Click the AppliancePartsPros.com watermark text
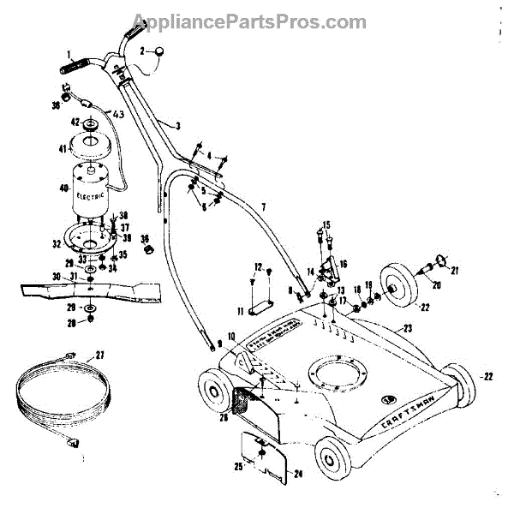pyautogui.click(x=256, y=21)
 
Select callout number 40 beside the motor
pyautogui.click(x=61, y=188)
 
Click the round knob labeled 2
pyautogui.click(x=158, y=53)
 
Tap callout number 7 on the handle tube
pyautogui.click(x=264, y=207)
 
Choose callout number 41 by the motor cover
pyautogui.click(x=62, y=149)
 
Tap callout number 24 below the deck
pyautogui.click(x=298, y=473)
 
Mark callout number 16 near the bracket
pyautogui.click(x=344, y=265)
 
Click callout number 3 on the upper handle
pyautogui.click(x=177, y=125)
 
